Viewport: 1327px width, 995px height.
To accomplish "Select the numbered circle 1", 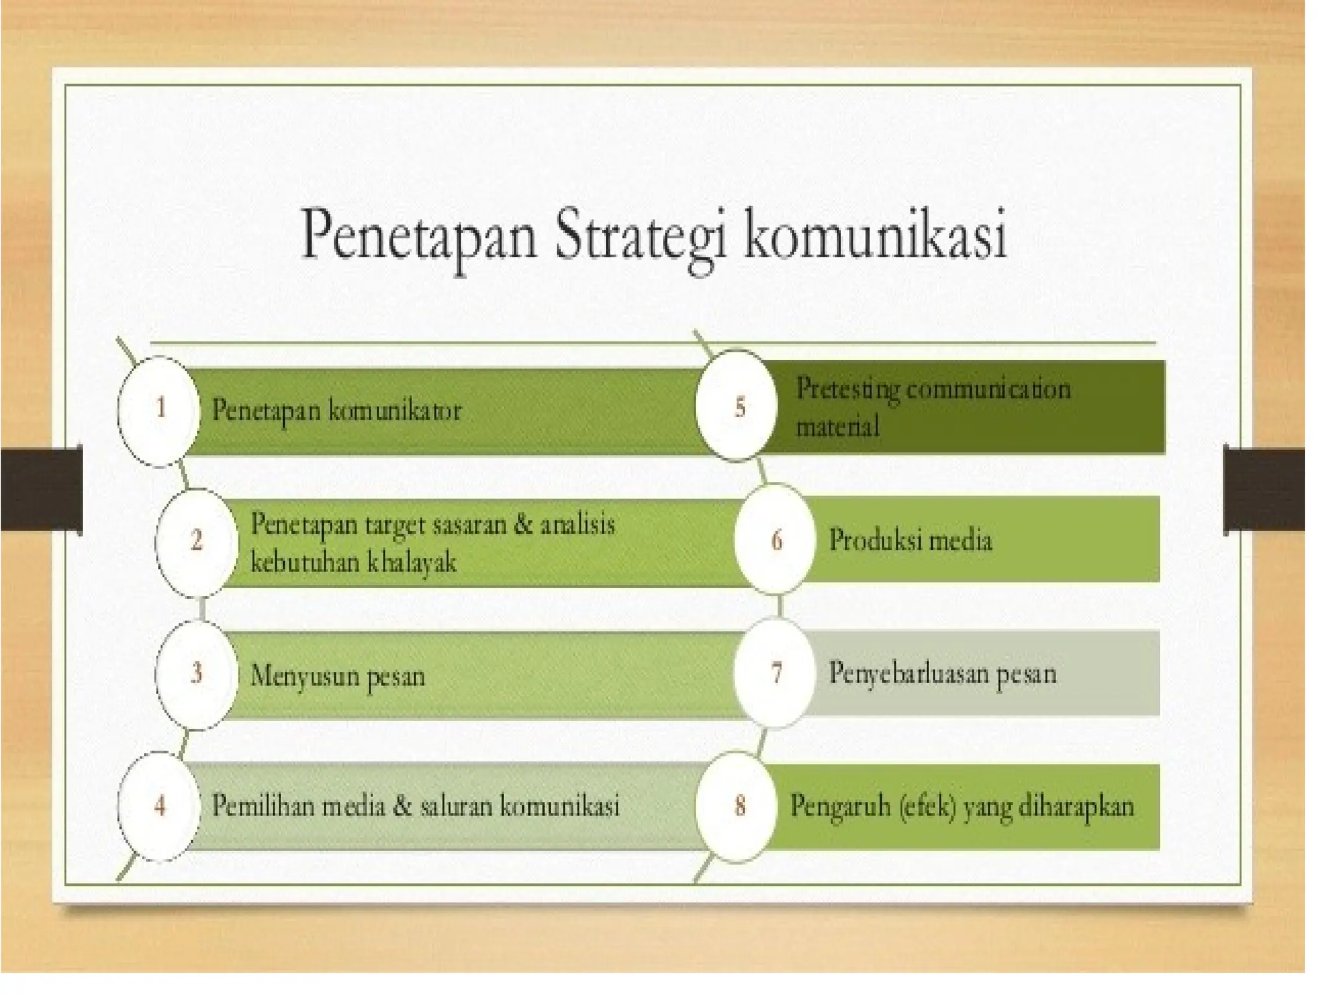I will click(159, 410).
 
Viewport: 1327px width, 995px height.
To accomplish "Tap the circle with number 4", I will click(159, 806).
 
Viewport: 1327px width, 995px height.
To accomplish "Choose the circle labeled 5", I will click(739, 407).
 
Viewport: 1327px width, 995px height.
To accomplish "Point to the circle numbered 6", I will click(776, 539).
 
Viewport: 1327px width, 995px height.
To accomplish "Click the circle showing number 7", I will click(776, 672).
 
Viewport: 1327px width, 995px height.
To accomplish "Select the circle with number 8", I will click(739, 806).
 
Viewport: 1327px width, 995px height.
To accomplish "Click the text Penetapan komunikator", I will click(336, 411).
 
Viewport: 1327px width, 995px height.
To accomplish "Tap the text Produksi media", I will click(910, 540).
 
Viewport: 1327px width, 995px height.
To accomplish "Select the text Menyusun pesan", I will click(338, 676).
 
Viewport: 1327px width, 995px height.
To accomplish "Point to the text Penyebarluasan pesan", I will click(943, 674).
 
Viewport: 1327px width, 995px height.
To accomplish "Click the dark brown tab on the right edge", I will click(1264, 489).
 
